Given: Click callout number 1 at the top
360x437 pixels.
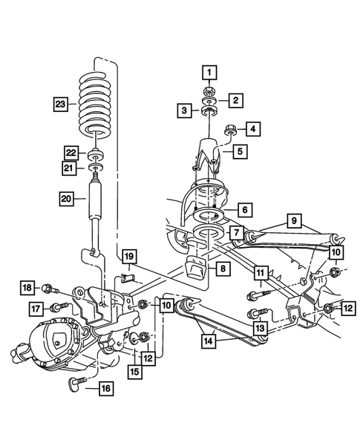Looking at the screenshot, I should pyautogui.click(x=209, y=72).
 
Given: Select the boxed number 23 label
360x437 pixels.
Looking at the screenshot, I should pyautogui.click(x=61, y=103).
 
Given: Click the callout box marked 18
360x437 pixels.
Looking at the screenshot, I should pyautogui.click(x=27, y=288).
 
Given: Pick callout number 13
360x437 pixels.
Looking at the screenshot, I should pyautogui.click(x=261, y=328).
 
